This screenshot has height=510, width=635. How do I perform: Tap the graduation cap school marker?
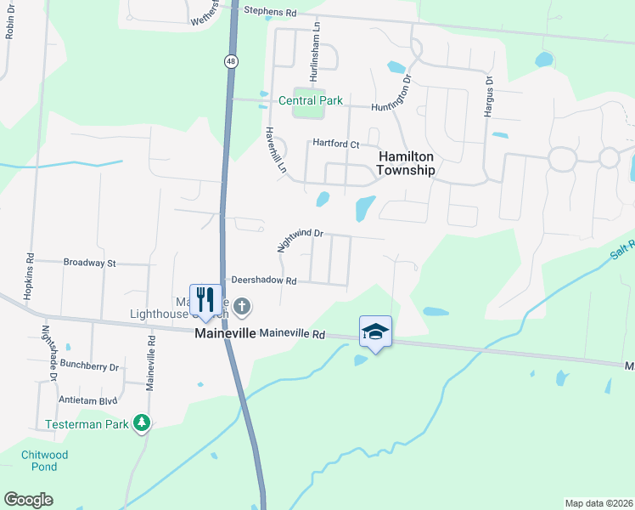(375, 332)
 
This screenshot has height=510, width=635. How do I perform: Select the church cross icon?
(242, 306)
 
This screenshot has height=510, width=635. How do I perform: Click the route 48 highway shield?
(231, 61)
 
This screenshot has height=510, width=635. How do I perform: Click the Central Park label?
(311, 100)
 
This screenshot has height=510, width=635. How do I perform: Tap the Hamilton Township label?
(407, 163)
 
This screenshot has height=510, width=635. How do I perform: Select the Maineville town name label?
(226, 334)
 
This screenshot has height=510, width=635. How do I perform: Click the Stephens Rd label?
(270, 13)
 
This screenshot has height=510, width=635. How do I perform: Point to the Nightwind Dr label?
(301, 240)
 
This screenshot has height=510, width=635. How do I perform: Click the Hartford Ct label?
(336, 144)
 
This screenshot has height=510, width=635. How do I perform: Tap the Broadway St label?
(89, 263)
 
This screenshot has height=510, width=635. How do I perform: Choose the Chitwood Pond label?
(44, 461)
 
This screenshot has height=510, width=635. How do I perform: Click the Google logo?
(28, 500)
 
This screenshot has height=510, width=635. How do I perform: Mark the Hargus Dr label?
(490, 97)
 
